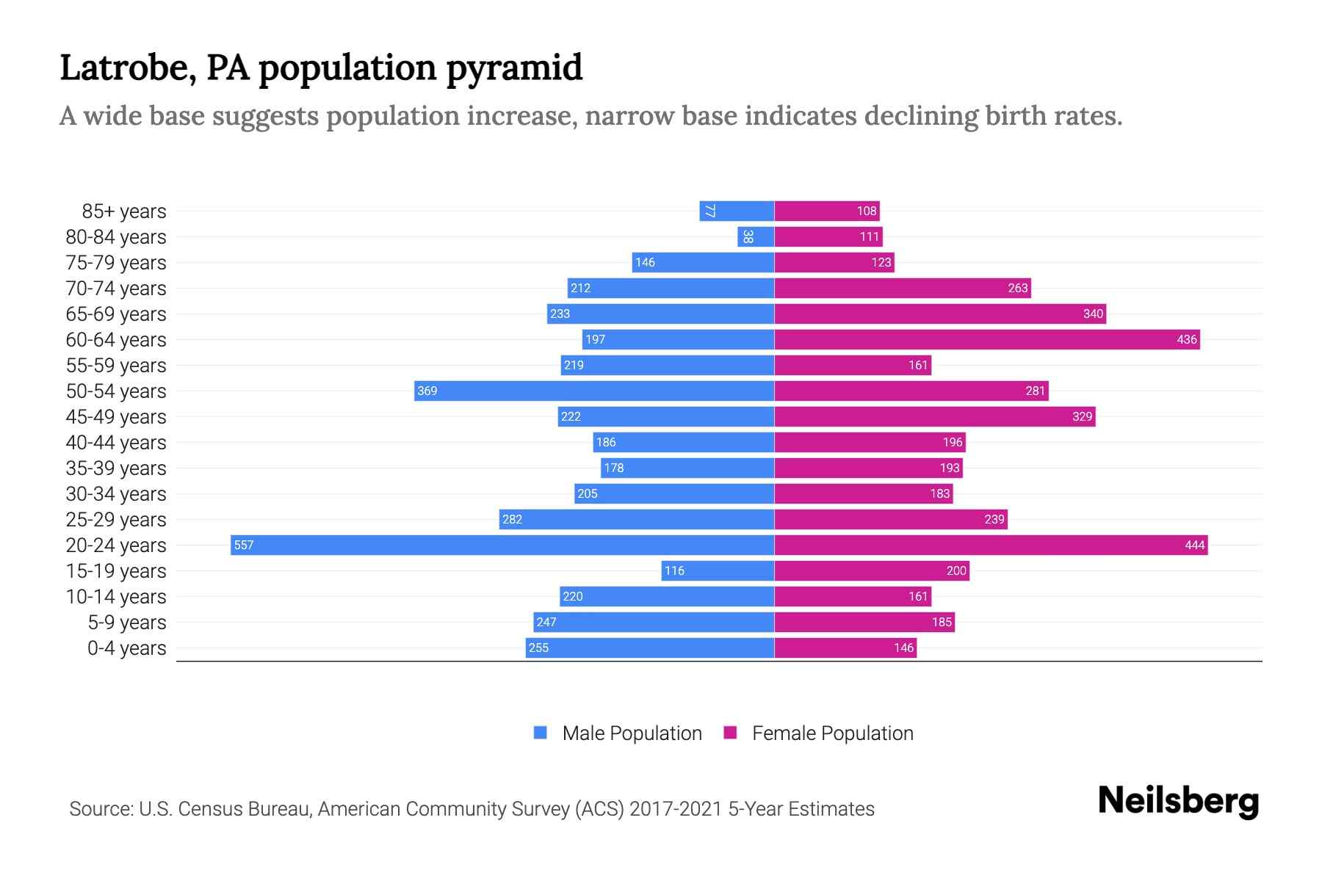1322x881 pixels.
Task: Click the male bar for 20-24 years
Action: click(502, 545)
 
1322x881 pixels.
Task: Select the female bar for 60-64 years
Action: click(987, 339)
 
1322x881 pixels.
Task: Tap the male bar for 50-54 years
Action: click(594, 391)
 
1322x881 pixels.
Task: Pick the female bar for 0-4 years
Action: click(845, 648)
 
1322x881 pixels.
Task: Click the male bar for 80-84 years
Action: click(756, 236)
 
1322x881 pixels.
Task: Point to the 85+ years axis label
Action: click(124, 211)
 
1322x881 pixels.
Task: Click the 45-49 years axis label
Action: click(116, 417)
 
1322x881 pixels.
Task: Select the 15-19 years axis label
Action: click(116, 571)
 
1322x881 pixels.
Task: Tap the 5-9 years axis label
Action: click(127, 623)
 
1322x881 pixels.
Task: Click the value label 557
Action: click(244, 545)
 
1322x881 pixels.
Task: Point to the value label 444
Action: click(1194, 545)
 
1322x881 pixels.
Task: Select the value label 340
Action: click(1093, 313)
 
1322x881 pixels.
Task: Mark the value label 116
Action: click(674, 570)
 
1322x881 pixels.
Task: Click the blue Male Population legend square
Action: click(541, 733)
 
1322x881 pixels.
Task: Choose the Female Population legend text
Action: click(832, 733)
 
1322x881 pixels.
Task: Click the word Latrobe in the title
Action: click(128, 68)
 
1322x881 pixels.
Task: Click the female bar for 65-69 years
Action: click(940, 313)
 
